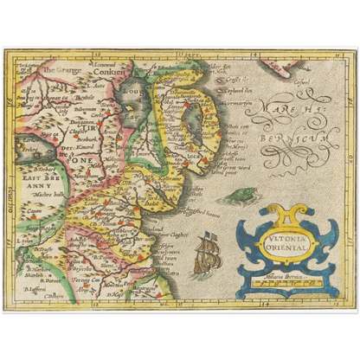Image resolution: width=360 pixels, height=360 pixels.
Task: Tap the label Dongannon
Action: coord(87,150)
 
